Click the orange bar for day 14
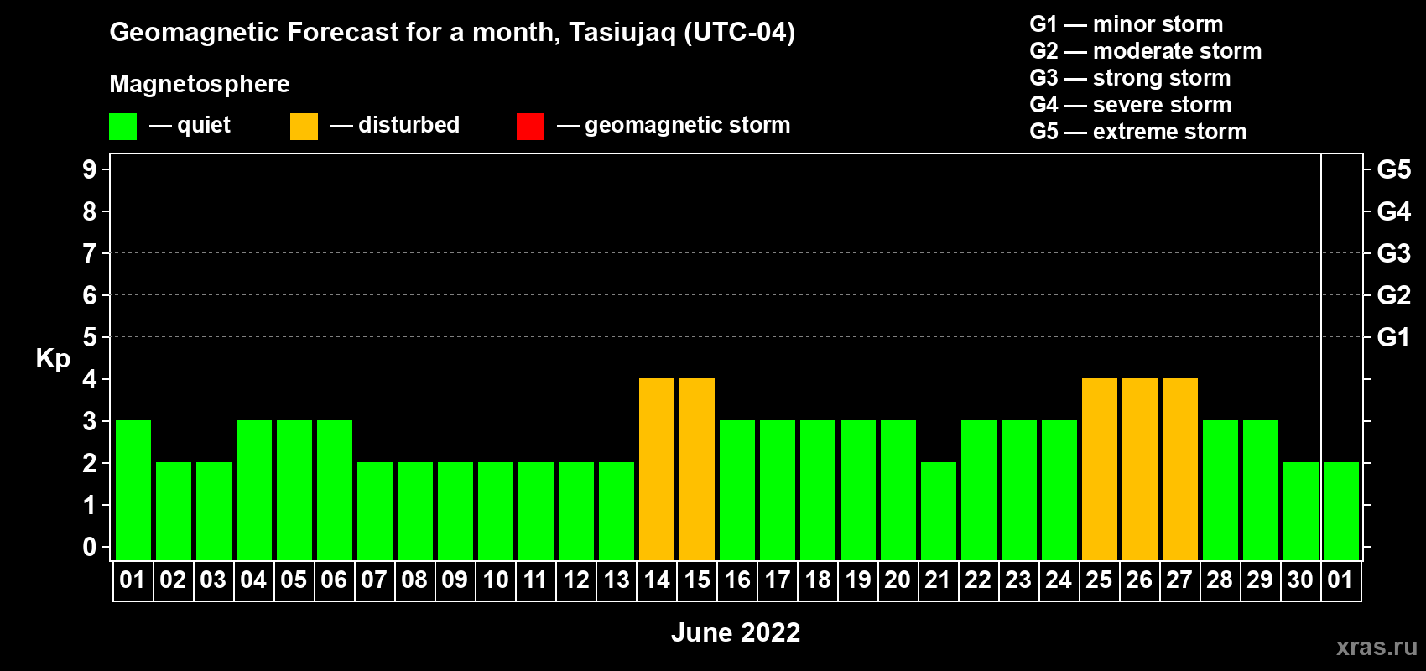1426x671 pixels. pos(656,469)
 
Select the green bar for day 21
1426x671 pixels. pos(939,511)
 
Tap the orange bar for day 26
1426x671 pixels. pos(1139,469)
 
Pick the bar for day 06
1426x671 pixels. pos(334,490)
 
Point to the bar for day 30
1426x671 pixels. pos(1300,511)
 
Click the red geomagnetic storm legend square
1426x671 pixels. pos(530,126)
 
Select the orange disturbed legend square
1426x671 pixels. pos(304,126)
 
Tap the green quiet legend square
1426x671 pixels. pos(122,126)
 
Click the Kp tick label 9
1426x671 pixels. pos(89,169)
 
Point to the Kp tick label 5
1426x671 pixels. pos(89,337)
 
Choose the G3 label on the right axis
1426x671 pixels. pos(1393,253)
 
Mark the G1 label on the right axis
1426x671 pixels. pos(1393,337)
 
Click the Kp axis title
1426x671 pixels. pos(53,359)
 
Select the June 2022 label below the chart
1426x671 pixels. pos(736,632)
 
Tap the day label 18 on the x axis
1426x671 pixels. pos(817,580)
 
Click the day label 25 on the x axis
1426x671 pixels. pos(1099,580)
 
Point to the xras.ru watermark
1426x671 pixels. pos(1377,647)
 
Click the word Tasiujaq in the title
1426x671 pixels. pos(622,33)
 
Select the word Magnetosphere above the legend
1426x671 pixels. pos(200,84)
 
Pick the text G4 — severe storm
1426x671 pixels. pos(1131,104)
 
